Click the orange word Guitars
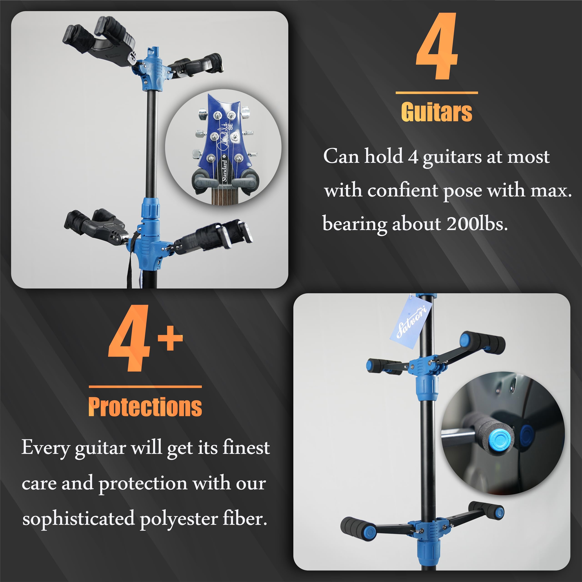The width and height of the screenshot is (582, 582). click(436, 112)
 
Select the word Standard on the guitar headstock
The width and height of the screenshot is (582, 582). click(224, 171)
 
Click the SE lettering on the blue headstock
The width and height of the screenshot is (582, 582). click(231, 127)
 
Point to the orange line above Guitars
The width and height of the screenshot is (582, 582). click(436, 93)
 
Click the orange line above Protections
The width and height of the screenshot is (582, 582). click(145, 386)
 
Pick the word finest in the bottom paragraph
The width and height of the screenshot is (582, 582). click(246, 448)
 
